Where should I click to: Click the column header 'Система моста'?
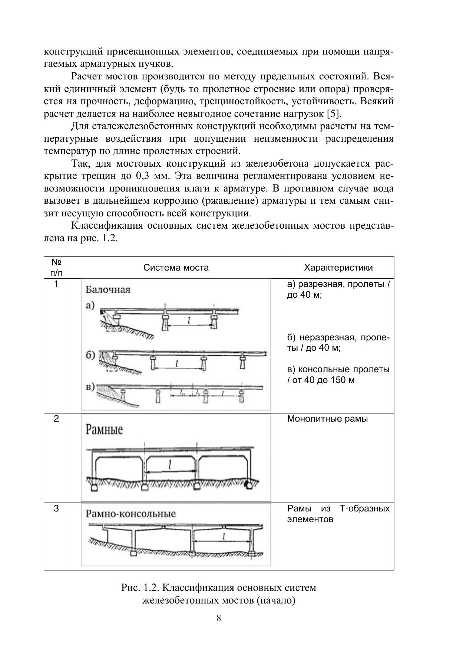[x=176, y=268]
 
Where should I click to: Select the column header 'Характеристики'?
[x=338, y=268]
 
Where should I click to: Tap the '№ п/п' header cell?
[x=56, y=268]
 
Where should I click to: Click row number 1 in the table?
[x=56, y=284]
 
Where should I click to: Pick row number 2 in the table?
[x=56, y=419]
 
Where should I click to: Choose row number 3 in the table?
[x=56, y=508]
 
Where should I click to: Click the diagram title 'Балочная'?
[x=108, y=290]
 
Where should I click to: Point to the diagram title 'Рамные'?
[x=104, y=430]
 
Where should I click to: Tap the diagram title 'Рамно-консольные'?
[x=131, y=514]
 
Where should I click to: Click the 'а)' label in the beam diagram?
[x=90, y=305]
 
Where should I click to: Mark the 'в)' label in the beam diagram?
[x=90, y=387]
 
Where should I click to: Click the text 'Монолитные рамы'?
[x=327, y=419]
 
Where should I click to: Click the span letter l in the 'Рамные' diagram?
[x=170, y=464]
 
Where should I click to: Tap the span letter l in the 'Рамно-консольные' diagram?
[x=224, y=537]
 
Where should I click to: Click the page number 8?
[x=219, y=618]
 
